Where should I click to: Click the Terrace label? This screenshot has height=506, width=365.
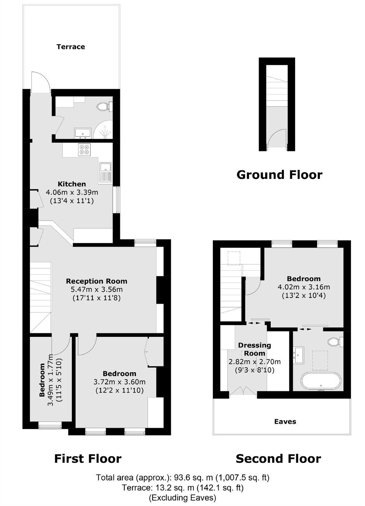tap(71, 47)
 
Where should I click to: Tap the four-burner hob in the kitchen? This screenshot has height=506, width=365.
tap(84, 149)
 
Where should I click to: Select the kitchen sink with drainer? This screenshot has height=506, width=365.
tap(105, 172)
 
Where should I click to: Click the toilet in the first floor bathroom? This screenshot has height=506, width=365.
tap(104, 106)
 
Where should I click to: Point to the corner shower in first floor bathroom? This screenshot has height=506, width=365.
tap(103, 130)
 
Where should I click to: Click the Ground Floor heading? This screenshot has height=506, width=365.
tap(279, 175)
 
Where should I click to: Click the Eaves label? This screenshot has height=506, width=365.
tap(285, 422)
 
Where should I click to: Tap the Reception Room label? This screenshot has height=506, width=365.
tap(97, 281)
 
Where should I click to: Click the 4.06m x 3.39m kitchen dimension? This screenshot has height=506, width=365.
tap(72, 193)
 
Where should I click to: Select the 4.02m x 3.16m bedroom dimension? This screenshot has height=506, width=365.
tap(304, 287)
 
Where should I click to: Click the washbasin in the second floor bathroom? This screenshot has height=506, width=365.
tap(299, 355)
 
